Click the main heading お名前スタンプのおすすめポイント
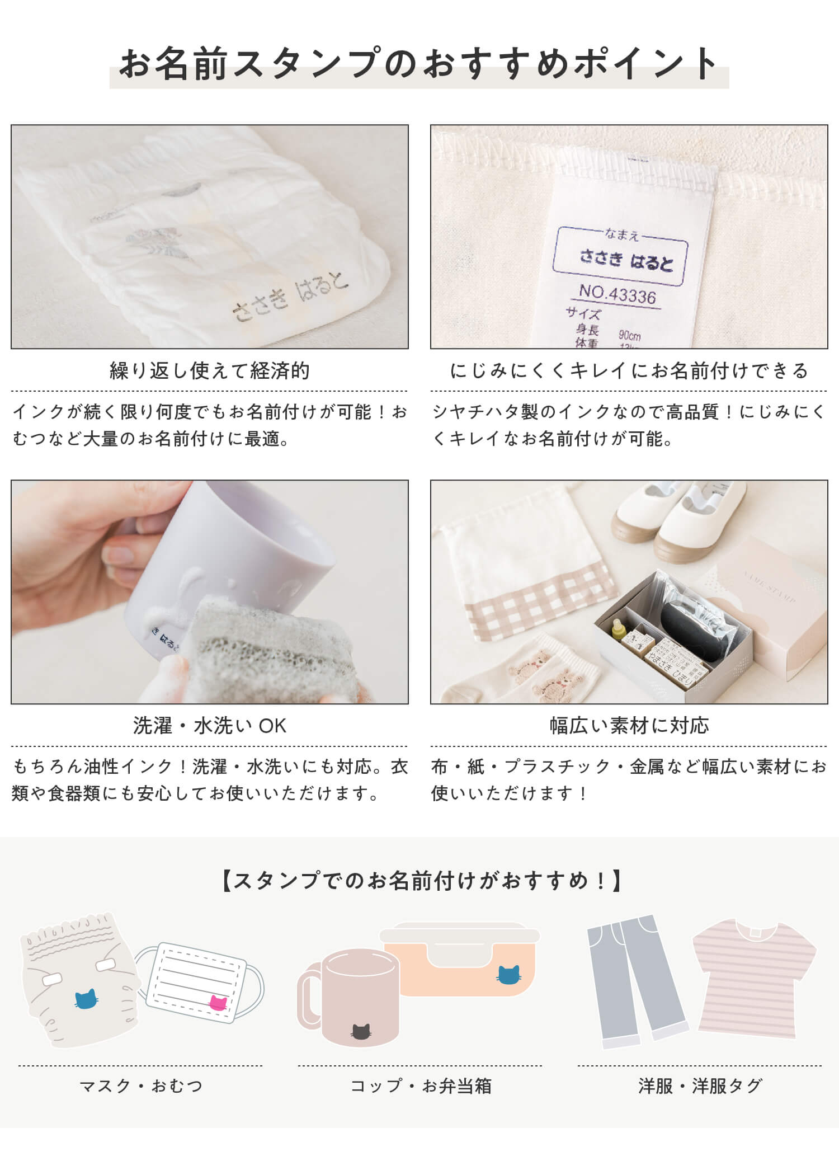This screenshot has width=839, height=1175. point(419,63)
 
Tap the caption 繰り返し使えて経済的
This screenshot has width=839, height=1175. point(210,370)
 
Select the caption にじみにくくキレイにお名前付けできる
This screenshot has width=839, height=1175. point(629,370)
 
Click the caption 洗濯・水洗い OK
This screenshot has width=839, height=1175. point(210,726)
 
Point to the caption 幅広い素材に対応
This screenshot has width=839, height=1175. point(629,726)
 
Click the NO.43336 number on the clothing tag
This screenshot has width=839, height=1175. point(618,294)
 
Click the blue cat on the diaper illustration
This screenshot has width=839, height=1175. point(86,998)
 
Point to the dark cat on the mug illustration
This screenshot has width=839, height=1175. point(361,1031)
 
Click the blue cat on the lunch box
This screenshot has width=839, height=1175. point(508,974)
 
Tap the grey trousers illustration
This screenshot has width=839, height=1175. point(635,982)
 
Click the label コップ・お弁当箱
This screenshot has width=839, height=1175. point(421,1086)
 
